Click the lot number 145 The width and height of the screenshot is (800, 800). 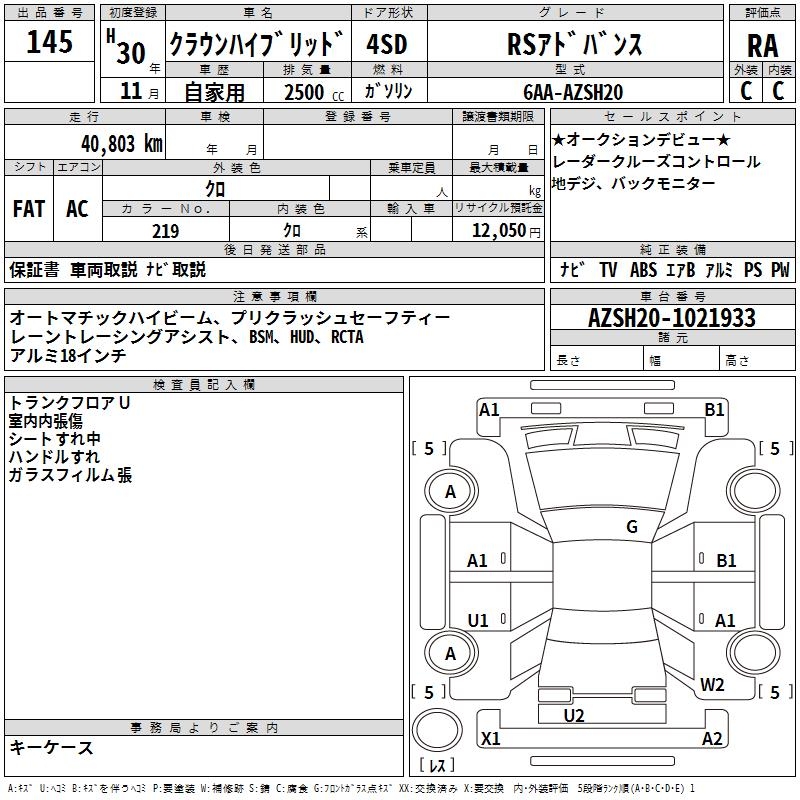(49, 43)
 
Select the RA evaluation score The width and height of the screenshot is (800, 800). (762, 46)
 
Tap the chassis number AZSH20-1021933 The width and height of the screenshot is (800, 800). (672, 319)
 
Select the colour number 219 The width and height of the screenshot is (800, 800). (165, 231)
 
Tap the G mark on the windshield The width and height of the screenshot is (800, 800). (632, 527)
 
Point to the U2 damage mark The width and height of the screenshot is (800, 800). (574, 715)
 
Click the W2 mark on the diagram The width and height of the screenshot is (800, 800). (712, 685)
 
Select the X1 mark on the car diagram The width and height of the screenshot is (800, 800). (491, 739)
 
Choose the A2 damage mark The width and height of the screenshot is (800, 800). (712, 739)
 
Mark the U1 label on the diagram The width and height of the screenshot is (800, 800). (478, 621)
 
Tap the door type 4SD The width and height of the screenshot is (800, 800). (389, 44)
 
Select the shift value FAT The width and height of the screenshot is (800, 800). (28, 209)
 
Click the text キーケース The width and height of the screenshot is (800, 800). (52, 748)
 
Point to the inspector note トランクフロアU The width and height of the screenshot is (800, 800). (70, 403)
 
